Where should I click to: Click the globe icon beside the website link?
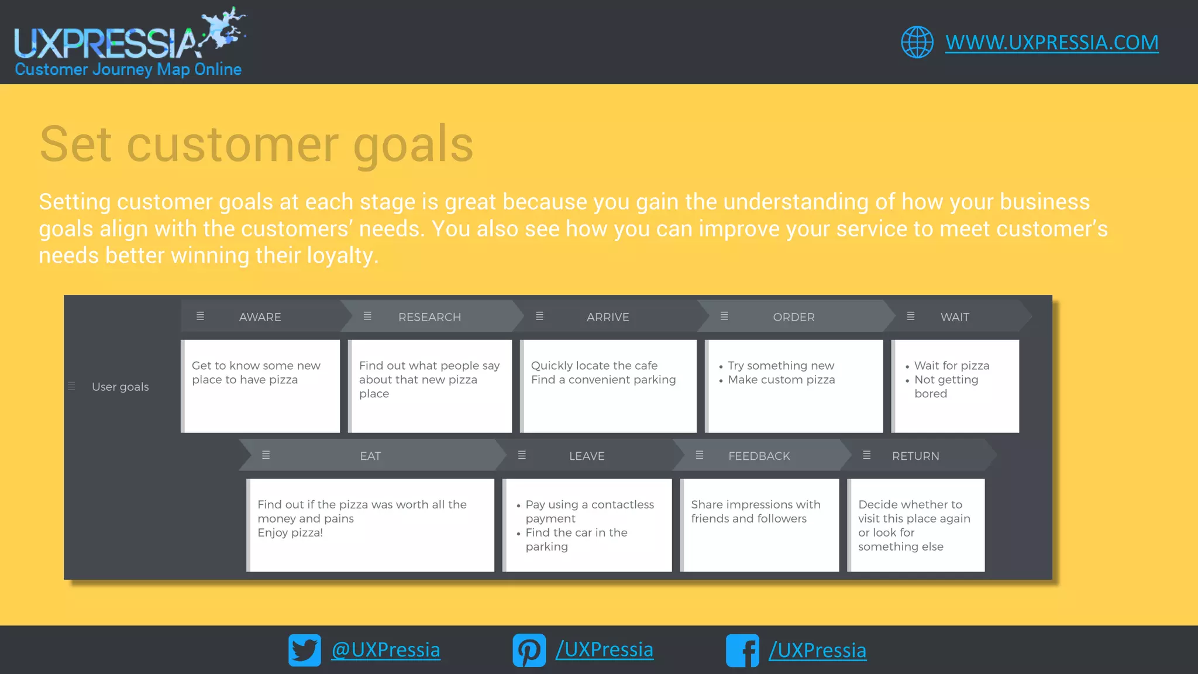point(917,42)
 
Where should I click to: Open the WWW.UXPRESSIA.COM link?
point(1052,42)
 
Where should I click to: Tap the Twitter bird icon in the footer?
point(304,650)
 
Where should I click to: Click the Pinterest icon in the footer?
point(529,650)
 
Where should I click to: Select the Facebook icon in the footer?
point(742,650)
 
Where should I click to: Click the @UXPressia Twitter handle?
point(385,650)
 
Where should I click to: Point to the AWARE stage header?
point(260,317)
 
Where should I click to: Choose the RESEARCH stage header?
point(429,317)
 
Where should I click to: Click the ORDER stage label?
point(793,317)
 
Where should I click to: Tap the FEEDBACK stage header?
point(759,456)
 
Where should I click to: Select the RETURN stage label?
point(915,456)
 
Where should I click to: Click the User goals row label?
point(120,387)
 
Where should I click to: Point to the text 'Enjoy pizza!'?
point(290,532)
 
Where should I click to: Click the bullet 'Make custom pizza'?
point(781,380)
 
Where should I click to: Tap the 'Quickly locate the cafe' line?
point(594,366)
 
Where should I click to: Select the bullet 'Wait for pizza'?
point(951,366)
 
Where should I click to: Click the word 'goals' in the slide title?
point(413,145)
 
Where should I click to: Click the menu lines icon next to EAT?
point(266,455)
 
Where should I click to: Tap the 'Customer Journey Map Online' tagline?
point(128,70)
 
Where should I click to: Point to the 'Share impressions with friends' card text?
point(755,511)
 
